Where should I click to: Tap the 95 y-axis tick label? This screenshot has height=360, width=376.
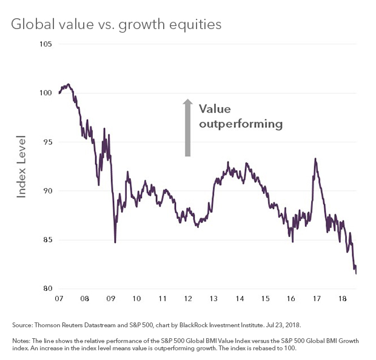[46, 142]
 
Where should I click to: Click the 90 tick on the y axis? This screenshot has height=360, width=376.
[46, 191]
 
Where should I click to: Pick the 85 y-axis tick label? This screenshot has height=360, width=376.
[46, 239]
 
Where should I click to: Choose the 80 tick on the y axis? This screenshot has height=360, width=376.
[46, 288]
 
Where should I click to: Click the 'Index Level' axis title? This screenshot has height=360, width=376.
[21, 166]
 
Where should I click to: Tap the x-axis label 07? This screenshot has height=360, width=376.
[59, 299]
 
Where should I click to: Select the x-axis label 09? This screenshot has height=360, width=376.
[110, 299]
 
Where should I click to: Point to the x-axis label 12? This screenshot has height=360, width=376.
[188, 299]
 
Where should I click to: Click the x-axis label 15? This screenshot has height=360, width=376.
[266, 299]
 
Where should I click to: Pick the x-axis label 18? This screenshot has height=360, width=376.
[343, 299]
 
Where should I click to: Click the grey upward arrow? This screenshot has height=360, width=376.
[188, 128]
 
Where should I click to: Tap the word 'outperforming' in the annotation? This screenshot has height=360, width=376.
[241, 124]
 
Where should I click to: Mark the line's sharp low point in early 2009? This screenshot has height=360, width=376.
[115, 242]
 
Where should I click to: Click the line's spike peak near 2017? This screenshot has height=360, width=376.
[315, 159]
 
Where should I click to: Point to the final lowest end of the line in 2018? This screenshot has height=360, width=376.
[356, 273]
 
